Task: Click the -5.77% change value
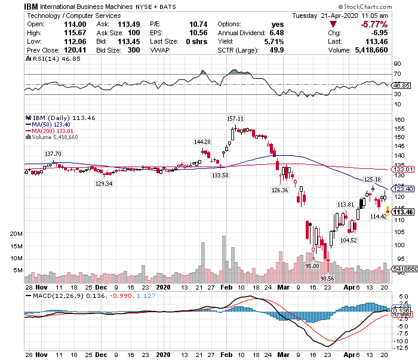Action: (x=374, y=24)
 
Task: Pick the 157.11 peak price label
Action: (x=235, y=118)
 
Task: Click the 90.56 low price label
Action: (x=326, y=278)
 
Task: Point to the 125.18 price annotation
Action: (x=373, y=179)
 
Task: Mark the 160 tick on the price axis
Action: (x=398, y=119)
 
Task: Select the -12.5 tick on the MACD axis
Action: (x=401, y=349)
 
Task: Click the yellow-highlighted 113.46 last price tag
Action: (x=404, y=211)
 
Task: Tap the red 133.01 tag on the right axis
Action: (x=404, y=169)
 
